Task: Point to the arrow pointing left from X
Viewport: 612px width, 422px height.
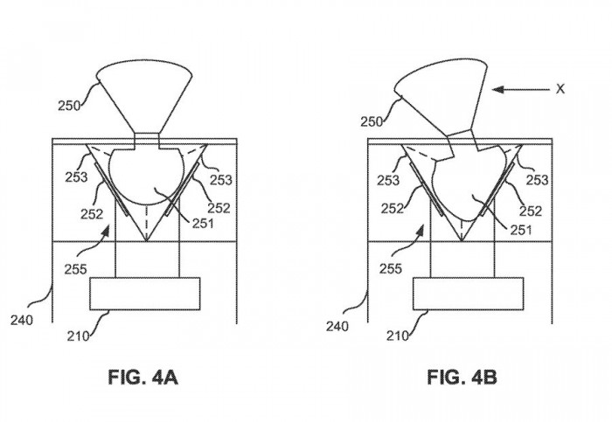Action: [519, 88]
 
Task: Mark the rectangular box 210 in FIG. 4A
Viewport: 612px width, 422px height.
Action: [145, 293]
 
